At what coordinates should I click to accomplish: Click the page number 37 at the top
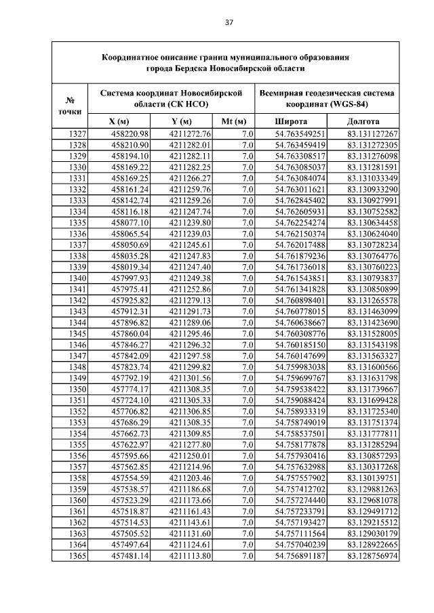[229, 22]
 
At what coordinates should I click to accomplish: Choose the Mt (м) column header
[233, 121]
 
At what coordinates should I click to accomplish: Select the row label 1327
[77, 134]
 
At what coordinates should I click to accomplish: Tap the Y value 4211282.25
[191, 167]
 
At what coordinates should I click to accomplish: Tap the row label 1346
[77, 345]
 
